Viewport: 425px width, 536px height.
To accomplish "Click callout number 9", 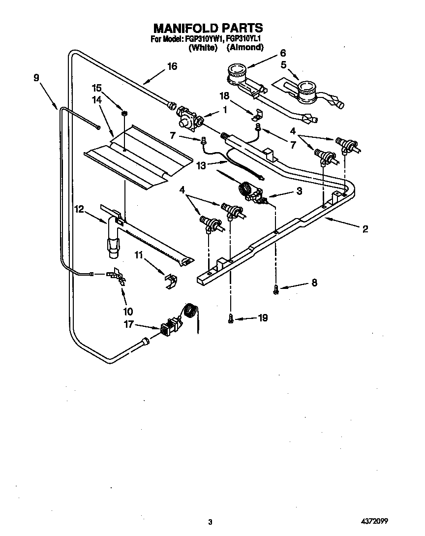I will [36, 77].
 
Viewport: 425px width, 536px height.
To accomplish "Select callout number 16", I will [172, 66].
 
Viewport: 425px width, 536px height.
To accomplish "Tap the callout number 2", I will [365, 228].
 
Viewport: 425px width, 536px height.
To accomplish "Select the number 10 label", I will [127, 311].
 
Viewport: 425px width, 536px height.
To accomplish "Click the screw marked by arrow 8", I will [276, 290].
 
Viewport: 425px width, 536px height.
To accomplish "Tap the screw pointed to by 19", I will [230, 319].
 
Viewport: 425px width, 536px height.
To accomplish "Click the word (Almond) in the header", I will [245, 48].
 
